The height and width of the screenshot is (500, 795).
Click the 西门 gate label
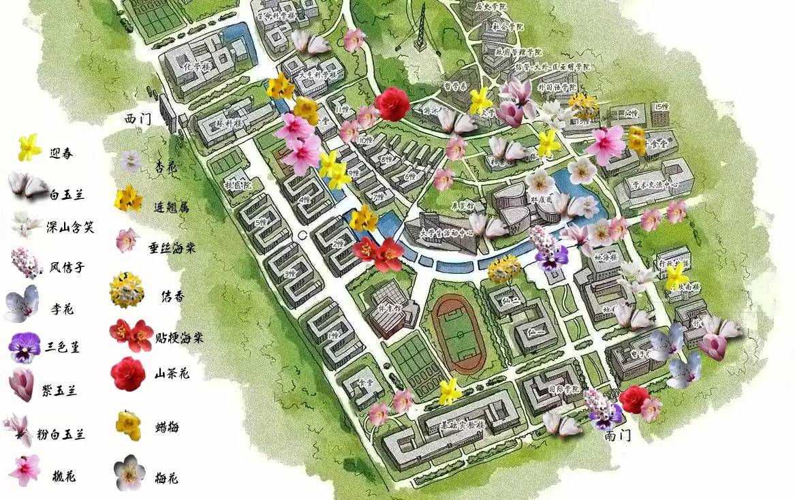pos(138,118)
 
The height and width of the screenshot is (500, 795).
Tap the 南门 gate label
pos(617,436)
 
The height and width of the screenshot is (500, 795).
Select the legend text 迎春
pos(61,153)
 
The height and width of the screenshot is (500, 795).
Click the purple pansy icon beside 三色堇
pos(25,347)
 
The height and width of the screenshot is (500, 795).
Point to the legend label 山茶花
pos(172,373)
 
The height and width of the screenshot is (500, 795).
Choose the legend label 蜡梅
pos(167,428)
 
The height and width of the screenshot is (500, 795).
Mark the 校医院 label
pos(238,185)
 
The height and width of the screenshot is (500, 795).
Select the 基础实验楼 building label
pos(463,426)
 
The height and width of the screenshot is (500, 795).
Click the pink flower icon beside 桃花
pos(25,469)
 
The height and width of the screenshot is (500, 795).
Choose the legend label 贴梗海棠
pos(179,337)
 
